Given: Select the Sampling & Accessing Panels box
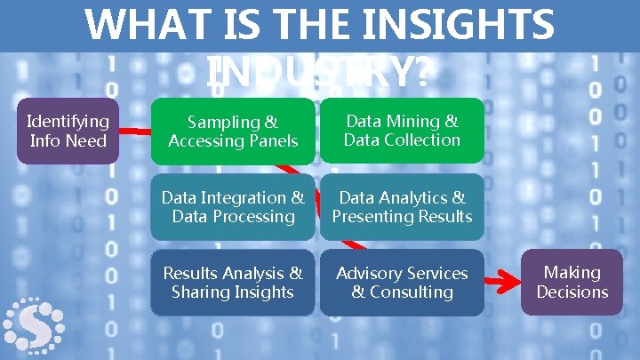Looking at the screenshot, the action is pyautogui.click(x=233, y=132).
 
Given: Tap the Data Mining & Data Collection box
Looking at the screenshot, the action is pyautogui.click(x=402, y=132).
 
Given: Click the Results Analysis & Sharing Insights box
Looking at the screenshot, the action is pyautogui.click(x=233, y=283).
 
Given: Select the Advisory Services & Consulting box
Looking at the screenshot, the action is pyautogui.click(x=402, y=283).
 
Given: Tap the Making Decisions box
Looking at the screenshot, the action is pyautogui.click(x=572, y=283).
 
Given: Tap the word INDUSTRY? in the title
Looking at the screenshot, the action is pyautogui.click(x=320, y=74).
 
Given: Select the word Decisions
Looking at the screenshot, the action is pyautogui.click(x=572, y=292).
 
